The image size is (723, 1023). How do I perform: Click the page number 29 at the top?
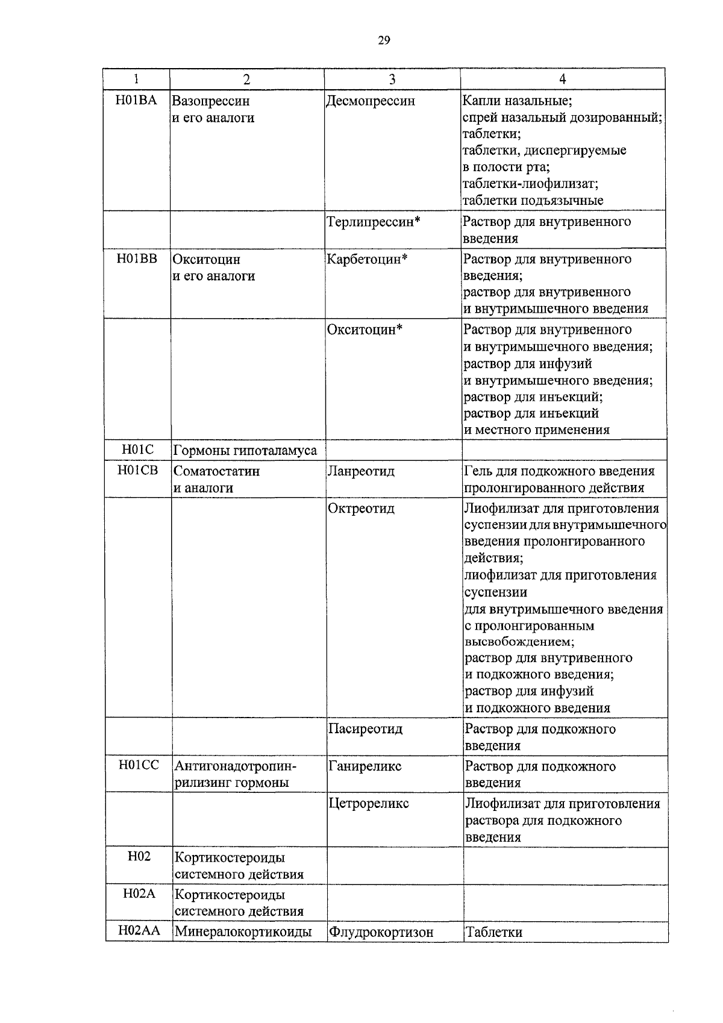pos(384,40)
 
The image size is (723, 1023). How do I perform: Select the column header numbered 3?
pos(392,79)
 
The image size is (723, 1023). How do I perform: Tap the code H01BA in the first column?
pos(136,100)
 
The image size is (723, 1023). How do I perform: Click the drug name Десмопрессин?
pos(371,101)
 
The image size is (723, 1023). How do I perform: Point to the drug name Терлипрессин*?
pos(373,222)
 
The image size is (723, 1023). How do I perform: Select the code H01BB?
pos(137,259)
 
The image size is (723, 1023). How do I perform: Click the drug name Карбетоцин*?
pos(368,260)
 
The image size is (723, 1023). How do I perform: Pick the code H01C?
pos(137,449)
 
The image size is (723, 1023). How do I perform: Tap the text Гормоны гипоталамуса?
pos(245,451)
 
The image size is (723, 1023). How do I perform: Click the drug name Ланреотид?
pos(361,471)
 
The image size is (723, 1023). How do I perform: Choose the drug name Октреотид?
pos(361,508)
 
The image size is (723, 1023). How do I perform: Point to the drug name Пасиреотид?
pos(365,729)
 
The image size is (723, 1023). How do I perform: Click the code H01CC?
pos(139,765)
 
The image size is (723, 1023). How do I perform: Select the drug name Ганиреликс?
pos(365,766)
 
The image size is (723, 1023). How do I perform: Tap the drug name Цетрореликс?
pos(369,804)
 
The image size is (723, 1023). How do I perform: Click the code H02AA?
pos(139,931)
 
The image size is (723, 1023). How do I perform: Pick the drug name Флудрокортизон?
pos(381,933)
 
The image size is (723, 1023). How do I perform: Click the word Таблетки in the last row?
pos(493,933)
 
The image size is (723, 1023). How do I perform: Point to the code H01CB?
pos(138,470)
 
